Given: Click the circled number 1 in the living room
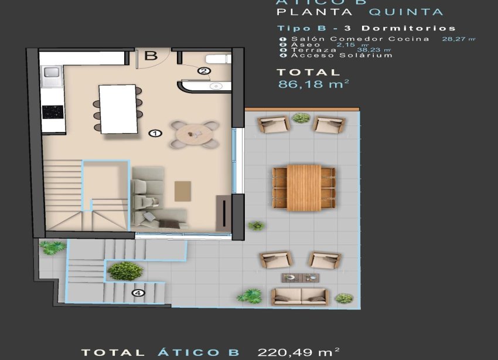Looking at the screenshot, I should [x=155, y=134].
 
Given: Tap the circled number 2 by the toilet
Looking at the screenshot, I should [x=203, y=71].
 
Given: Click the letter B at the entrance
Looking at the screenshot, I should [x=151, y=56].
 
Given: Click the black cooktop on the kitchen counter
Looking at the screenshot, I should [x=52, y=111].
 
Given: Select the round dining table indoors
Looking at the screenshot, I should [x=193, y=134].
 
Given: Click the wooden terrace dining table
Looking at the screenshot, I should [x=304, y=186].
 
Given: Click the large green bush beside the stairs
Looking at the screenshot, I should [x=125, y=271].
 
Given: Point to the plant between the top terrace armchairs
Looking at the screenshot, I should [x=301, y=118].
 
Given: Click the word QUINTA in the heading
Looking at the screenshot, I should [x=405, y=12].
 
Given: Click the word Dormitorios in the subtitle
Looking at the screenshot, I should [x=408, y=28].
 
